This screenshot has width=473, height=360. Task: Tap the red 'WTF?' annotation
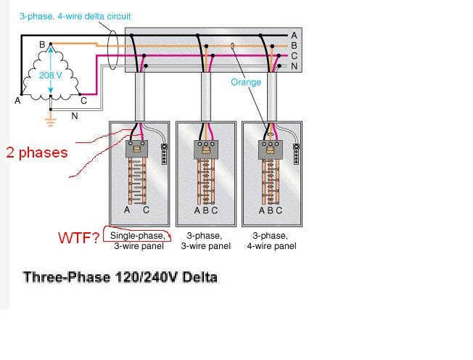79,237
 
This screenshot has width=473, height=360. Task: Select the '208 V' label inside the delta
50,75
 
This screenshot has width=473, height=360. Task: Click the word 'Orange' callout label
245,82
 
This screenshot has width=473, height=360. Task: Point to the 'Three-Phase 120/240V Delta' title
120,277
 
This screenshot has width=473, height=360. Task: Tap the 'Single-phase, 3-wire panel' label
137,241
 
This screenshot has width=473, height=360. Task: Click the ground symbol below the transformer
50,120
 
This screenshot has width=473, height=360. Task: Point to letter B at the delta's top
42,45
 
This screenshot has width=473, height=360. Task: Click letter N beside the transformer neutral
74,115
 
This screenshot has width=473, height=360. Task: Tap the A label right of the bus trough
294,35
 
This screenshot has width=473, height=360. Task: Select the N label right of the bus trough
294,66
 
